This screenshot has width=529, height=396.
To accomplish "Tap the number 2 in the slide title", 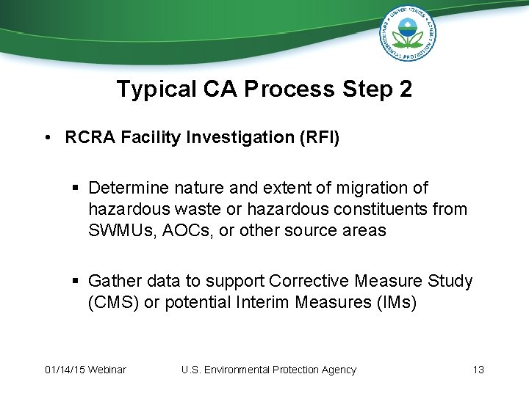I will pyautogui.click(x=404, y=89).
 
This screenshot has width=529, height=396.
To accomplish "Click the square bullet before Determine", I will pyautogui.click(x=76, y=189).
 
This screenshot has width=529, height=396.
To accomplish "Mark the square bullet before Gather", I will pyautogui.click(x=76, y=282).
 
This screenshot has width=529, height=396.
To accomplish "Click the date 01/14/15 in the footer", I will pyautogui.click(x=65, y=370).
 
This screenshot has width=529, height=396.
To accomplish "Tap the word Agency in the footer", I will pyautogui.click(x=336, y=370).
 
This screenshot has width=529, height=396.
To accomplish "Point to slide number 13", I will pyautogui.click(x=478, y=370).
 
